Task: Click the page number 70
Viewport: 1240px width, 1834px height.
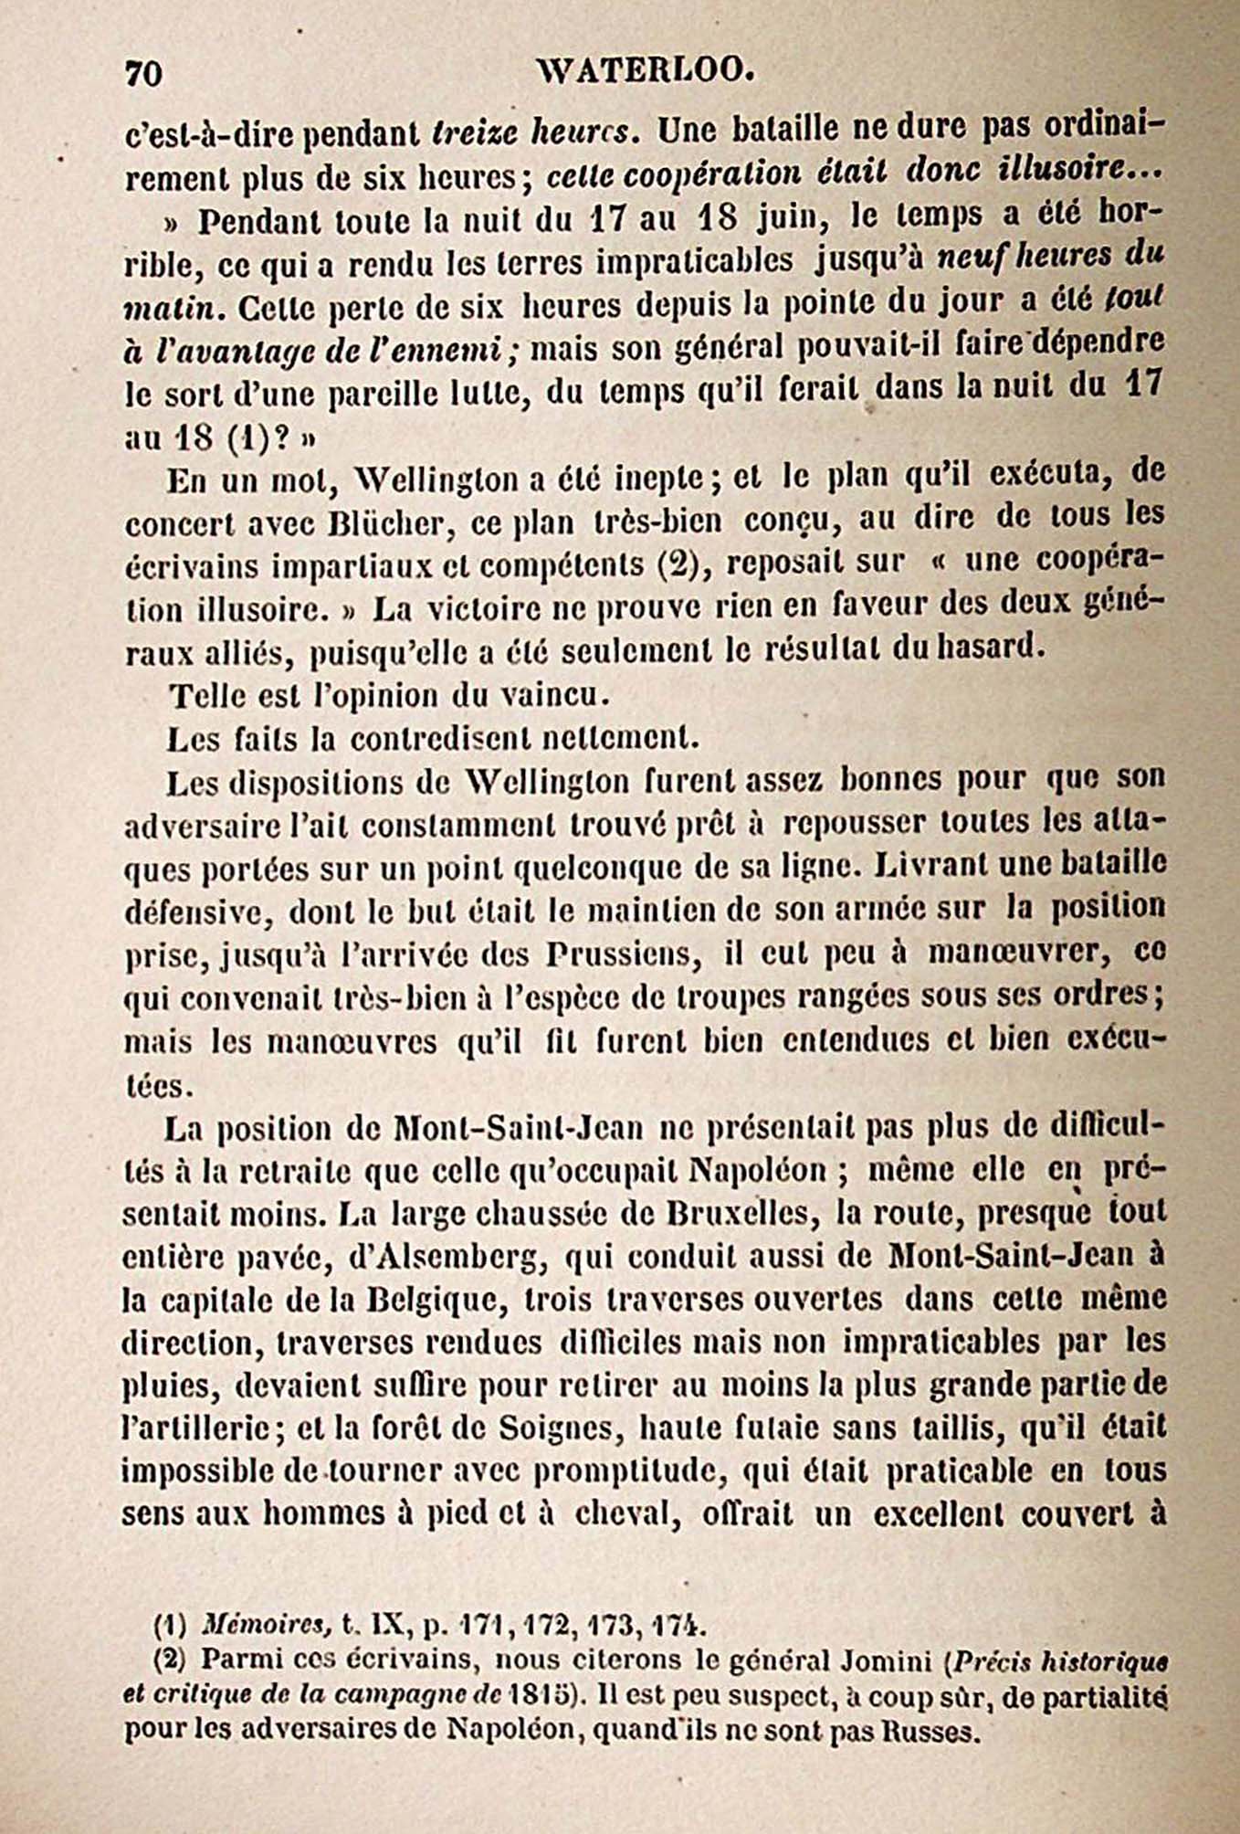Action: tap(142, 74)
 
